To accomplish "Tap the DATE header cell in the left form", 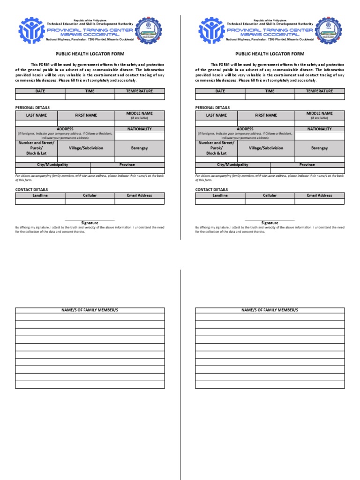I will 40,91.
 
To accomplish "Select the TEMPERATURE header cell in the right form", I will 319,91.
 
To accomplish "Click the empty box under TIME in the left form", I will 90,97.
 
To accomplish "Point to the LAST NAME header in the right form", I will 216,115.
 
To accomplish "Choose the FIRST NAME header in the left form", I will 86,115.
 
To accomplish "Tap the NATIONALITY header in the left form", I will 139,129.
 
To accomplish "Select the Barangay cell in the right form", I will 319,148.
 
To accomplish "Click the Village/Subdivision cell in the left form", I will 86,148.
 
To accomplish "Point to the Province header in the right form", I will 307,165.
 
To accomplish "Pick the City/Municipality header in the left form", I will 52,165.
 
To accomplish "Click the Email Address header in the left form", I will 139,195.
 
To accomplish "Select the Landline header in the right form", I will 220,195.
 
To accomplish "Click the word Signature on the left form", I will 90,223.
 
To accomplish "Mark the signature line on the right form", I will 270,220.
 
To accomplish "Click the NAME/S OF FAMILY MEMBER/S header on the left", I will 90,310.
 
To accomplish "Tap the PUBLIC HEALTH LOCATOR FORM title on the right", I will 270,54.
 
